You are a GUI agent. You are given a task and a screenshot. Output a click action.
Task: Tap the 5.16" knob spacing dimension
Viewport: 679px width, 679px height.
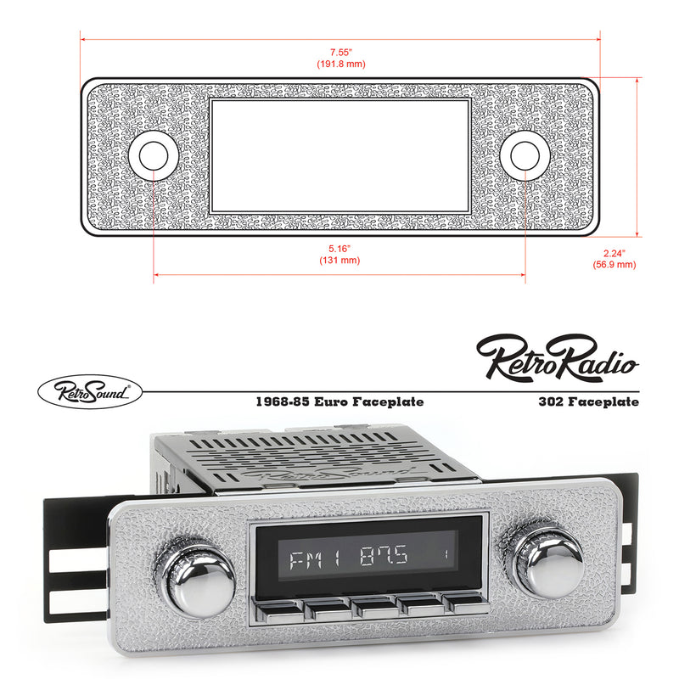339,249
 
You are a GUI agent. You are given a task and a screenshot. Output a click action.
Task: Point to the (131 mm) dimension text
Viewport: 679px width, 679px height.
339,261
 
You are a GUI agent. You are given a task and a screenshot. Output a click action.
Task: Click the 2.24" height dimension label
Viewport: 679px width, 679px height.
614,253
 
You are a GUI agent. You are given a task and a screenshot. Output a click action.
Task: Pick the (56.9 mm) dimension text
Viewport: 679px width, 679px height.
614,265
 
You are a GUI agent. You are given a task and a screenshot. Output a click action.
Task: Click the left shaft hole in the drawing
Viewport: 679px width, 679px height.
154,155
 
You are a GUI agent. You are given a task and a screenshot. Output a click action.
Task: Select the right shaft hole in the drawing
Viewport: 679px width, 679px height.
524,155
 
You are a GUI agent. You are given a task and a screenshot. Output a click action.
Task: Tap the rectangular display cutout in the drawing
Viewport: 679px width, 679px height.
339,155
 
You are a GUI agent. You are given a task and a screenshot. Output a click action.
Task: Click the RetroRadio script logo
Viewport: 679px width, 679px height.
557,357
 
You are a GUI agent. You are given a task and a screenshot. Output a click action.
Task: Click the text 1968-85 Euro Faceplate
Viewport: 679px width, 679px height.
340,401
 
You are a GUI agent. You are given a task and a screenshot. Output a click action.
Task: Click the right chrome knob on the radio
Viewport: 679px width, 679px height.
543,561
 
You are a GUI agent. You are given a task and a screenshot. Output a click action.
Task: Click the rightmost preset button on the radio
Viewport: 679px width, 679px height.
465,604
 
